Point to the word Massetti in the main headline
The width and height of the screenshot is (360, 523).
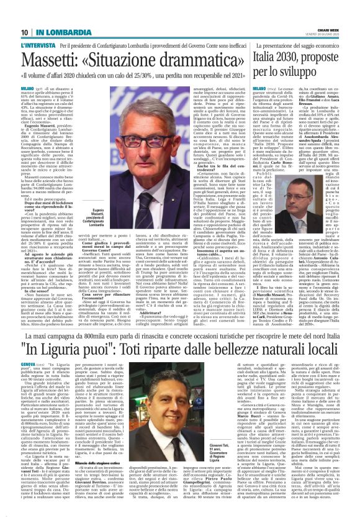(53, 60)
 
